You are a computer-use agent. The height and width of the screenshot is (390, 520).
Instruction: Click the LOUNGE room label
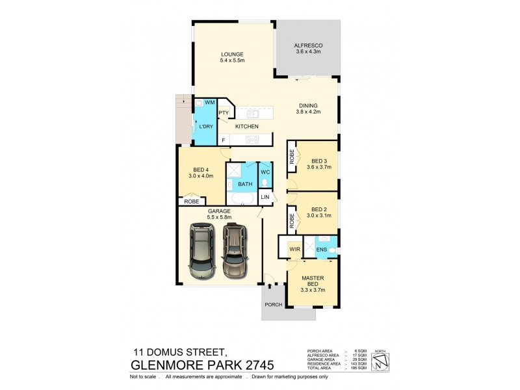click(232, 54)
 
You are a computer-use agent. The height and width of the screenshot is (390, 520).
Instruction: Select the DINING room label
click(308, 105)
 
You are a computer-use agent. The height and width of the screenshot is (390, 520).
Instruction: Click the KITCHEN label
click(247, 126)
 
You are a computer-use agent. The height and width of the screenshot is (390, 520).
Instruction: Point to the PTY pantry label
click(223, 113)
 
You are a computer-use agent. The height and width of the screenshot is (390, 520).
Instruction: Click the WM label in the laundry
click(209, 103)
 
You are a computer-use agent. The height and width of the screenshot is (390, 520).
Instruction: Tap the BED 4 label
click(200, 170)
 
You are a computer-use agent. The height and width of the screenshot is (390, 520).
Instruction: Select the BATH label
click(244, 185)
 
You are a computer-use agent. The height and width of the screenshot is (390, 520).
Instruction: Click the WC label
click(265, 172)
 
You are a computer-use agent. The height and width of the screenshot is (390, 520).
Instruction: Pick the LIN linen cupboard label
click(265, 196)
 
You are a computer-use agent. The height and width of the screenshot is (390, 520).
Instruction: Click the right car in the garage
click(235, 250)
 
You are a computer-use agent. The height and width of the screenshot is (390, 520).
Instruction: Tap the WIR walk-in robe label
click(294, 248)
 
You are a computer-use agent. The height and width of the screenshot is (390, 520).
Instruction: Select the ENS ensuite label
click(321, 249)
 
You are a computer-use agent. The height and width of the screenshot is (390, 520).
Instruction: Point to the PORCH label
click(272, 305)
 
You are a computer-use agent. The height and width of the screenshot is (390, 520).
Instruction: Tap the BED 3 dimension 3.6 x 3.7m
click(318, 167)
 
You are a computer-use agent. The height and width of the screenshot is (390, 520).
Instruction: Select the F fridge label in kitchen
click(223, 139)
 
